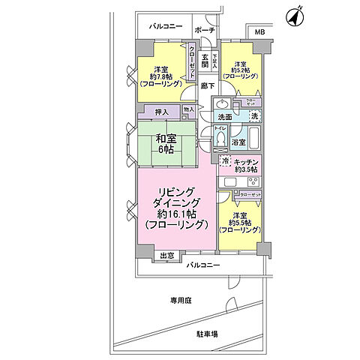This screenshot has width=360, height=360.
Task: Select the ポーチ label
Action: [204, 30]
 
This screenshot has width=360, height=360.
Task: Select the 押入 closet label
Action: [162, 113]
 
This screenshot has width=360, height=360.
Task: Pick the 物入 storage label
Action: [188, 110]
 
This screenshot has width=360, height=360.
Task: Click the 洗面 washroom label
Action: [225, 118]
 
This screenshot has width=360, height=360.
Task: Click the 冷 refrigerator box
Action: [225, 161]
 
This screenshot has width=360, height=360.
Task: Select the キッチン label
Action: [247, 161]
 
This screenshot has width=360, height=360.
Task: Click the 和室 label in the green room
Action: [166, 138]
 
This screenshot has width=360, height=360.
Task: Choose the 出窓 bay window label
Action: [166, 255]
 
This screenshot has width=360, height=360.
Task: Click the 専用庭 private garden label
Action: [181, 300]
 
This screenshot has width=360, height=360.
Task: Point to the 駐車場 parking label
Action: [207, 334]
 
